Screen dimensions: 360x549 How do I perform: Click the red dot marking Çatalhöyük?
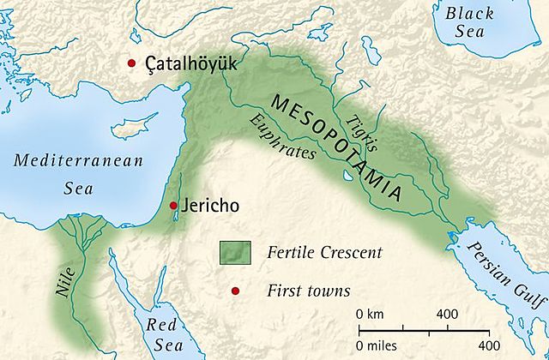pos(131,63)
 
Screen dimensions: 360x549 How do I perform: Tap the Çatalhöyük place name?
pos(186,64)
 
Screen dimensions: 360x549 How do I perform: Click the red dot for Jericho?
pos(173,206)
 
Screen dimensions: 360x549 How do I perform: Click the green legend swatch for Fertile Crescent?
pos(234,254)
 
